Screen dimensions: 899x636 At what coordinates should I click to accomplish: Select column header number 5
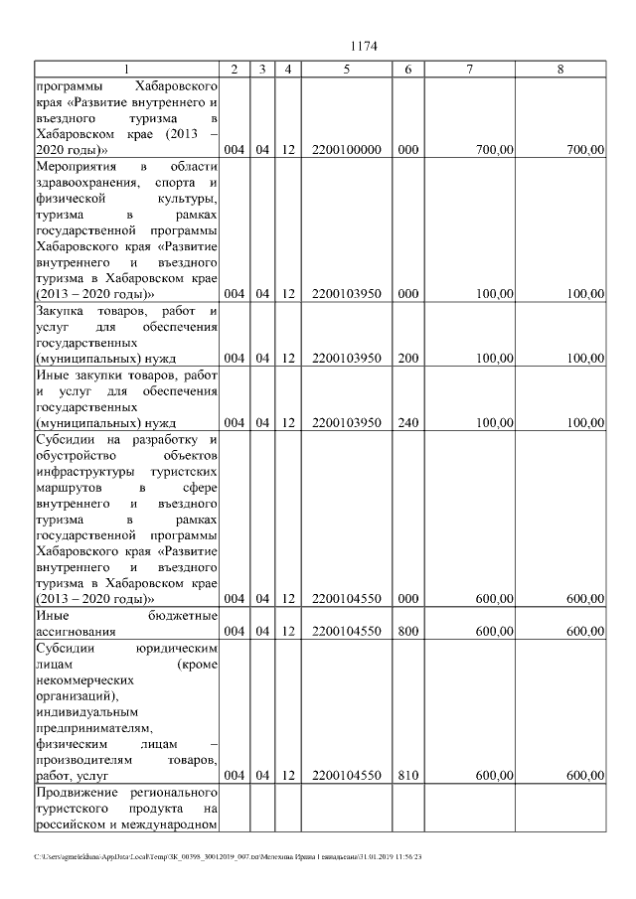[346, 70]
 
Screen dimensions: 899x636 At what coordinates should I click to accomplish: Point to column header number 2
[234, 70]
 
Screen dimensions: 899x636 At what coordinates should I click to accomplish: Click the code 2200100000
[346, 150]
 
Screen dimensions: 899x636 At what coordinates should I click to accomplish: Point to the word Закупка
[66, 312]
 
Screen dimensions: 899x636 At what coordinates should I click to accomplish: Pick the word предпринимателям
[89, 727]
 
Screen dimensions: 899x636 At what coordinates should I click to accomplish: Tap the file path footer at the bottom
[228, 855]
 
